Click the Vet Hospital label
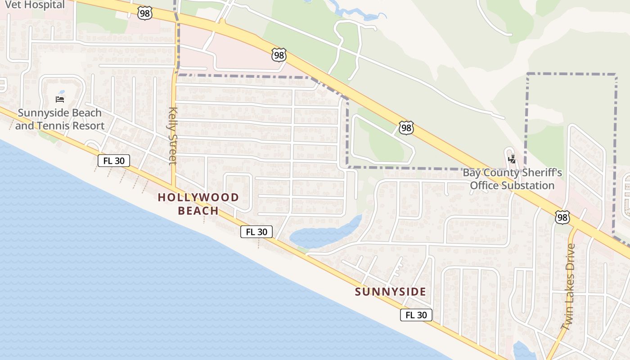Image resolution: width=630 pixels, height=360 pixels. coord(35,5)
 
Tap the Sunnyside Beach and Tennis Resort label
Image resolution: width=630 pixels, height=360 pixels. coord(59,119)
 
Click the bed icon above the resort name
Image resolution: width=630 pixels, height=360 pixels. coord(59,99)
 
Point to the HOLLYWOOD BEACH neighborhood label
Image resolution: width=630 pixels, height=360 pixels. coord(198,204)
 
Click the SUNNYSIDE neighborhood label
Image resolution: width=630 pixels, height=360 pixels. coord(390,292)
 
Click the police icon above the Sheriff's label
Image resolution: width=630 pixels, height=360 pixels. coord(512,159)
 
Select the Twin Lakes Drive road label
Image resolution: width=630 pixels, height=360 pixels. coord(568,286)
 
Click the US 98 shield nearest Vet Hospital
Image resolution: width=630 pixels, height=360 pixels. coord(145,13)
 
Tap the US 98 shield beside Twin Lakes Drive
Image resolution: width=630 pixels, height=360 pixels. coord(562,217)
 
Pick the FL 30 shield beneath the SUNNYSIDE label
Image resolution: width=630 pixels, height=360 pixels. coord(416,315)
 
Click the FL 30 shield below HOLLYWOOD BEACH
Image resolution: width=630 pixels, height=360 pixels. coord(256,232)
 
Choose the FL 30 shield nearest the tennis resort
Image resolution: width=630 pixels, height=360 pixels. coord(114,161)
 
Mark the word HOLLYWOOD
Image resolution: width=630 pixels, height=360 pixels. coord(198,198)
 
